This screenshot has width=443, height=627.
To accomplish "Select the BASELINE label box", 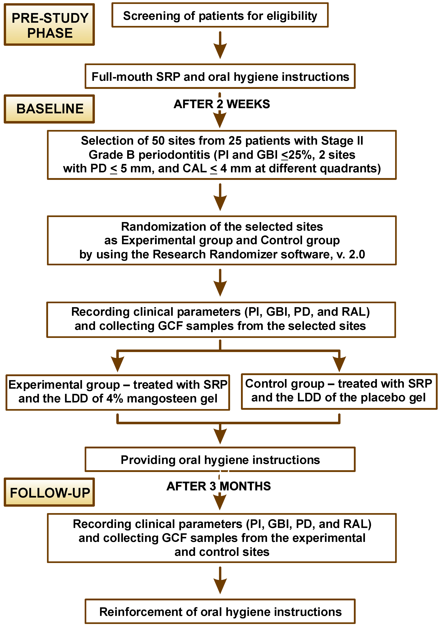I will pos(49,109).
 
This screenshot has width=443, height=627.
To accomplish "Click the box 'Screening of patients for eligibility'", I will pos(220,16).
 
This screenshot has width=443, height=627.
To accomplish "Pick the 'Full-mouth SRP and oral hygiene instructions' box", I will pos(220,77).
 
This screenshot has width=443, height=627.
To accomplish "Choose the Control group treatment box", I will pos(339,391).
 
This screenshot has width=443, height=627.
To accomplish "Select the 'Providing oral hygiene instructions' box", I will pos(220,460).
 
